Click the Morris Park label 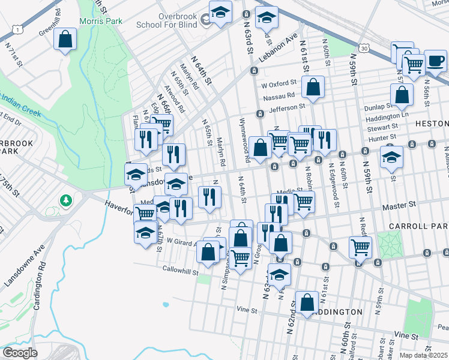click(101, 21)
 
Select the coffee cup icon click(436, 60)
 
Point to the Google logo click(20, 353)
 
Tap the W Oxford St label click(280, 83)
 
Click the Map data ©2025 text click(423, 355)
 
